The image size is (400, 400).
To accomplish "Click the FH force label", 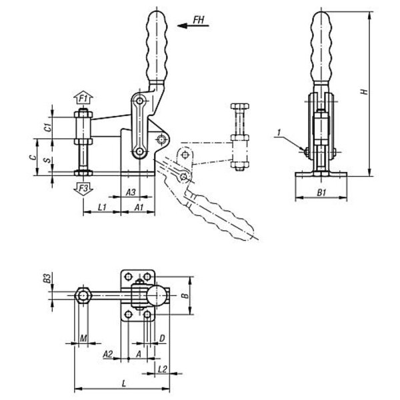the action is (199, 20).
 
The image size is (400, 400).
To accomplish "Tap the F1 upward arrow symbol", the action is (83, 97).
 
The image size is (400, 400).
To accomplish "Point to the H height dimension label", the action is (365, 91).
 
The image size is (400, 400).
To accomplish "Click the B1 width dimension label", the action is (321, 193).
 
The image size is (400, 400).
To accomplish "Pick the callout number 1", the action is (279, 133).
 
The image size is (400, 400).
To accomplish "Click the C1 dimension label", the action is (48, 127).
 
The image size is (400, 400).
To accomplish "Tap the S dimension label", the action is (47, 160).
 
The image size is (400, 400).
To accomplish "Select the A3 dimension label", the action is (131, 192).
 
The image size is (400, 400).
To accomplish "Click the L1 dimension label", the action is (102, 207).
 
